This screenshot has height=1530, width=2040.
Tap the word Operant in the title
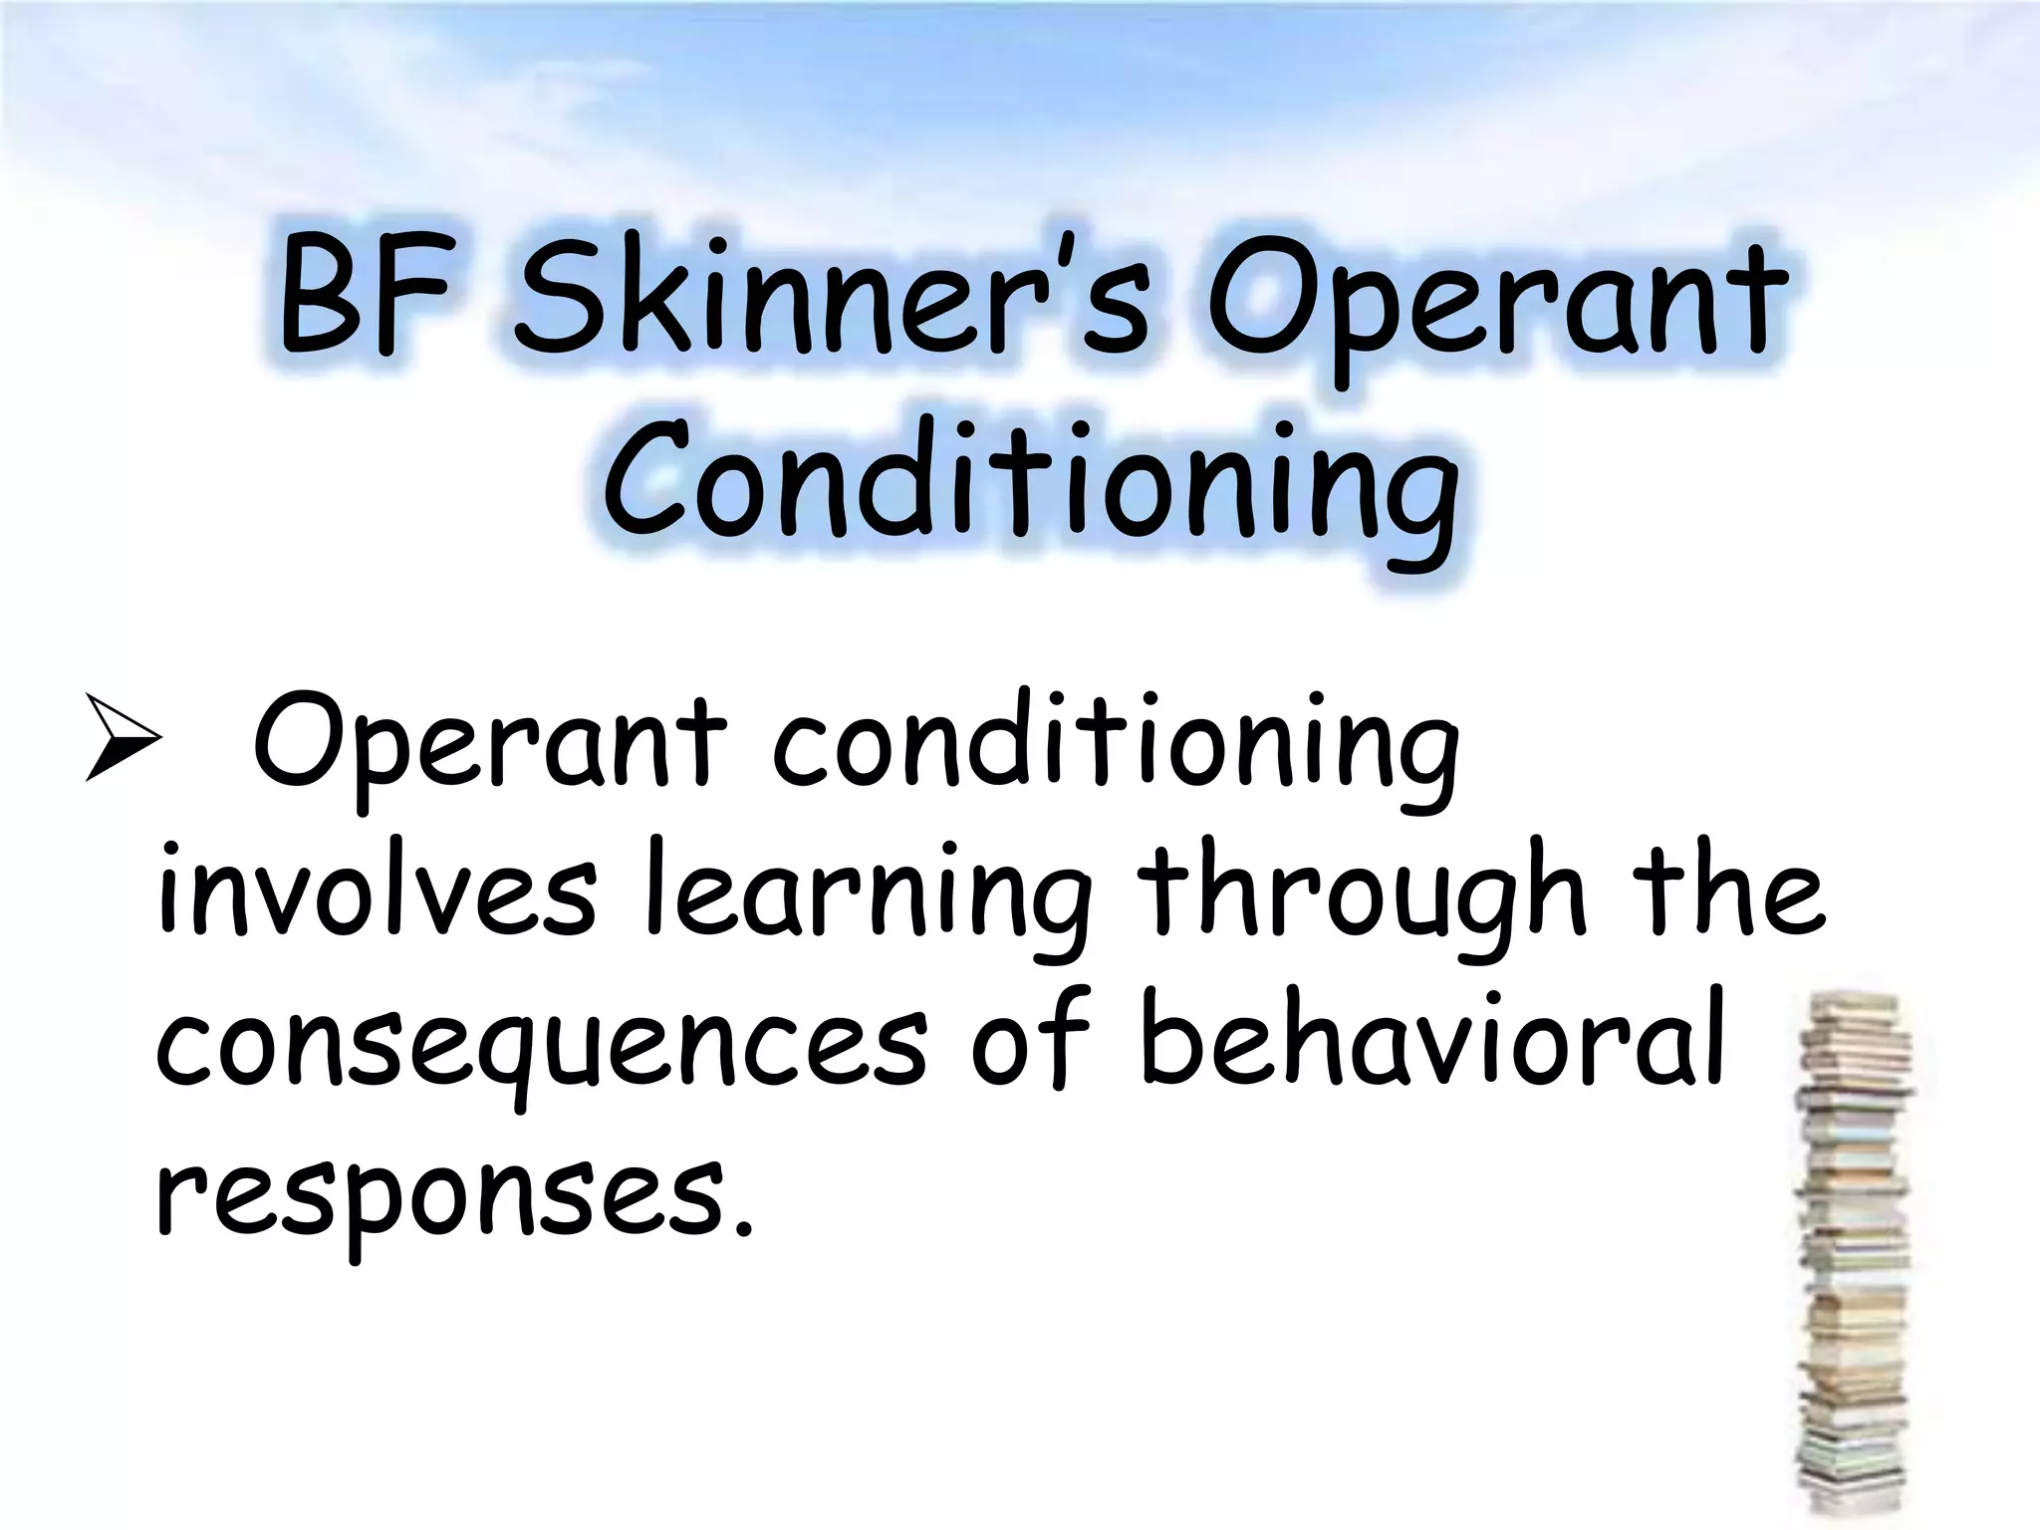tap(1494, 304)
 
